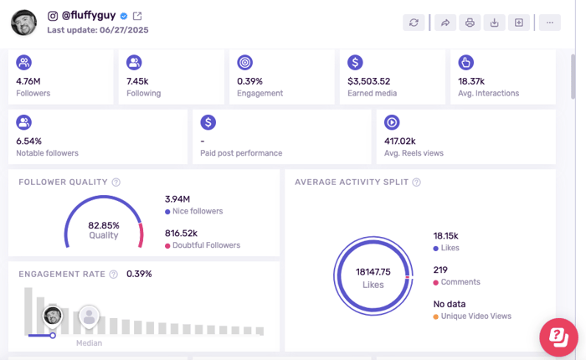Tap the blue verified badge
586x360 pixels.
[124, 16]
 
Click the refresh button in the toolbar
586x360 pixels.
[414, 23]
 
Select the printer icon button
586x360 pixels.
[470, 23]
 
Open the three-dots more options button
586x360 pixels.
[549, 23]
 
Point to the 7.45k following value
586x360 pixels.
[137, 81]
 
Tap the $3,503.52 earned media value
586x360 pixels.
[369, 81]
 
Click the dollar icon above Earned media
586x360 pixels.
[355, 62]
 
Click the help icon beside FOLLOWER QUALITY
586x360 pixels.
[116, 183]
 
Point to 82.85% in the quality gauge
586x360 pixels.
[104, 225]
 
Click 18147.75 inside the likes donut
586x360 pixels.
[373, 272]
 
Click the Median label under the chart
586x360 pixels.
[89, 343]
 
